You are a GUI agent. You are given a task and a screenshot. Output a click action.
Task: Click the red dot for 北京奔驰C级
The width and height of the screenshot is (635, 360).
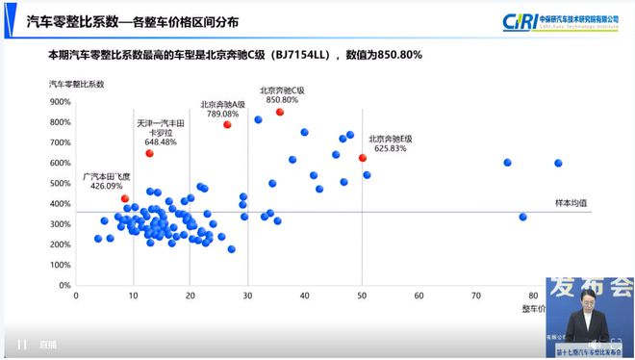point(280,112)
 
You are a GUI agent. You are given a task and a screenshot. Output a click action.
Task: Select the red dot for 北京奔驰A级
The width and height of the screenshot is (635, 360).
point(228,124)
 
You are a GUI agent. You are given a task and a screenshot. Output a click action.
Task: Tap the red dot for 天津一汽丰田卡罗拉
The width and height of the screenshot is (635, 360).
point(149,153)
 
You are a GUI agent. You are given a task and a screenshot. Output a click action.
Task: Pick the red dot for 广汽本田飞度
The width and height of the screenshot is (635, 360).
point(125,198)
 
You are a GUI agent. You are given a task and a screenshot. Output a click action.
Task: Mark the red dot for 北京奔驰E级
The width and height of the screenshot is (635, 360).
point(363,158)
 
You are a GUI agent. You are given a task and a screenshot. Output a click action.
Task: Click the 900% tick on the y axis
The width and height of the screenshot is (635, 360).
point(59,101)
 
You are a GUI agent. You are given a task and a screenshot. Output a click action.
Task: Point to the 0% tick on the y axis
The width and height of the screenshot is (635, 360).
point(63,286)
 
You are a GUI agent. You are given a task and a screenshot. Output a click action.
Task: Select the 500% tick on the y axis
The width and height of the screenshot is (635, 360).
point(59,183)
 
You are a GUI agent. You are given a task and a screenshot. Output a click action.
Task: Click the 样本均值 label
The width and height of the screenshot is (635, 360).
point(571,203)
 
